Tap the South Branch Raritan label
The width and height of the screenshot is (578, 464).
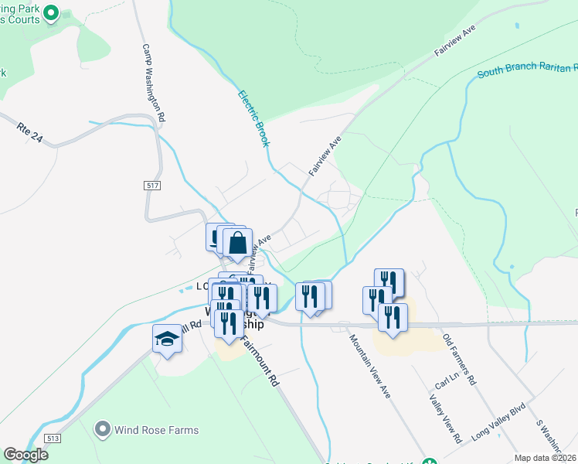(x=525, y=70)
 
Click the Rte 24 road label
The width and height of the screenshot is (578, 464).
(x=29, y=132)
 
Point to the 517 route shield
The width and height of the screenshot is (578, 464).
(x=151, y=186)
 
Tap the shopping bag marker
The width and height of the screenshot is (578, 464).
(x=237, y=244)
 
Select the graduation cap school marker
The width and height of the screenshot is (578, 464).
(x=167, y=339)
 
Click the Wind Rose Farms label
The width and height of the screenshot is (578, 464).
(x=157, y=430)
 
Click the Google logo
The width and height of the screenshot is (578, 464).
(x=26, y=455)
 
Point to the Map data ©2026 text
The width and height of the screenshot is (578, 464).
(x=544, y=458)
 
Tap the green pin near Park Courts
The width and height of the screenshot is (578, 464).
(x=53, y=12)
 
